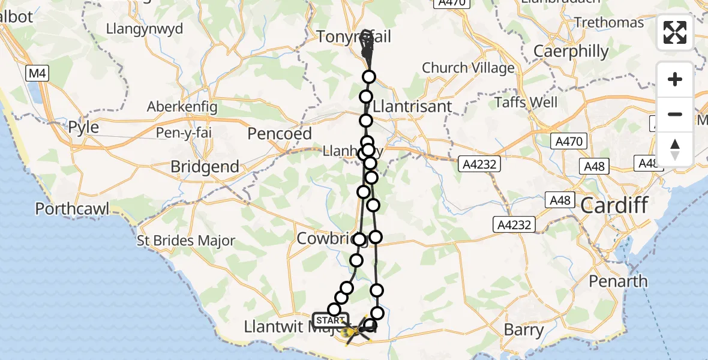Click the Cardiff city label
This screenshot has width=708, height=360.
point(614,206)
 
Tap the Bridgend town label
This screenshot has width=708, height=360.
point(205,166)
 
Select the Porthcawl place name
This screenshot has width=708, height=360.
point(73,209)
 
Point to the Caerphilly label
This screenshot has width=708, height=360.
point(571,51)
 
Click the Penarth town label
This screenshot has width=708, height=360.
point(618,281)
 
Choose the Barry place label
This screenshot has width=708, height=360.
point(523,329)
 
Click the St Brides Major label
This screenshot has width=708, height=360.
point(186,241)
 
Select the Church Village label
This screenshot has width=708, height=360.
point(468,68)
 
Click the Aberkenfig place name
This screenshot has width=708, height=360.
point(182,107)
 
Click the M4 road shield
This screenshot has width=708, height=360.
point(37,74)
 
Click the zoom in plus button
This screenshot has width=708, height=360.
point(675,79)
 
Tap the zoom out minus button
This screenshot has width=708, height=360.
point(675,114)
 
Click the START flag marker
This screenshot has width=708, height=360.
point(331,320)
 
